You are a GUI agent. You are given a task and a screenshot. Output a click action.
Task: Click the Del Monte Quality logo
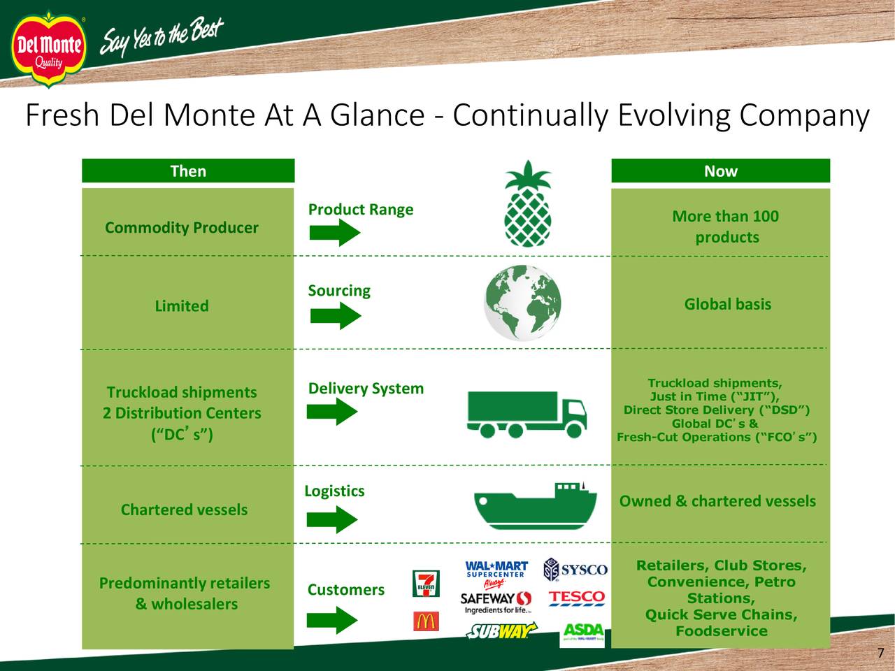[x=48, y=50]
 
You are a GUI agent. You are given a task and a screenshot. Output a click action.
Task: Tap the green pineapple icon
[x=527, y=203]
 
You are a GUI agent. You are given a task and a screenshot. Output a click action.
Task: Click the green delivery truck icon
[x=527, y=413]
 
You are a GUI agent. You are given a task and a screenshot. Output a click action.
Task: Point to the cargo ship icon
[x=535, y=505]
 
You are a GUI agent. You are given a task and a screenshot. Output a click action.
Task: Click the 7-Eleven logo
[x=425, y=584]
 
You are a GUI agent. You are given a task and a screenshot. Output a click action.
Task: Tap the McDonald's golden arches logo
[x=425, y=621]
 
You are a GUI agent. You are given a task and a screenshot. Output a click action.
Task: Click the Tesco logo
[x=576, y=598]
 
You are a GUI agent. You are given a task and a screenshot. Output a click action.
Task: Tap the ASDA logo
[x=582, y=633]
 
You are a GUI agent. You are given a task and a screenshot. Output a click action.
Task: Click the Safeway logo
[x=496, y=600]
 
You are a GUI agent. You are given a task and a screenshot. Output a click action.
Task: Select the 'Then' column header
[x=188, y=171]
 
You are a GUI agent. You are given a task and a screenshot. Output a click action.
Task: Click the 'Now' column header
[x=720, y=171]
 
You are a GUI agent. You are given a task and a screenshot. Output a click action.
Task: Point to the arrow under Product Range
[x=334, y=232]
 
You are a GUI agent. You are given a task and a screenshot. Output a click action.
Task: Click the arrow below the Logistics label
[x=332, y=519]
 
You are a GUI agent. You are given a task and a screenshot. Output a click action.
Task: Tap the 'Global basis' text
[x=727, y=304]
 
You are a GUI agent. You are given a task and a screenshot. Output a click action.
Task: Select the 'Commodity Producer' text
[x=181, y=228]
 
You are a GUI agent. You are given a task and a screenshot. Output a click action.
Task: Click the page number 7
[x=880, y=654]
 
